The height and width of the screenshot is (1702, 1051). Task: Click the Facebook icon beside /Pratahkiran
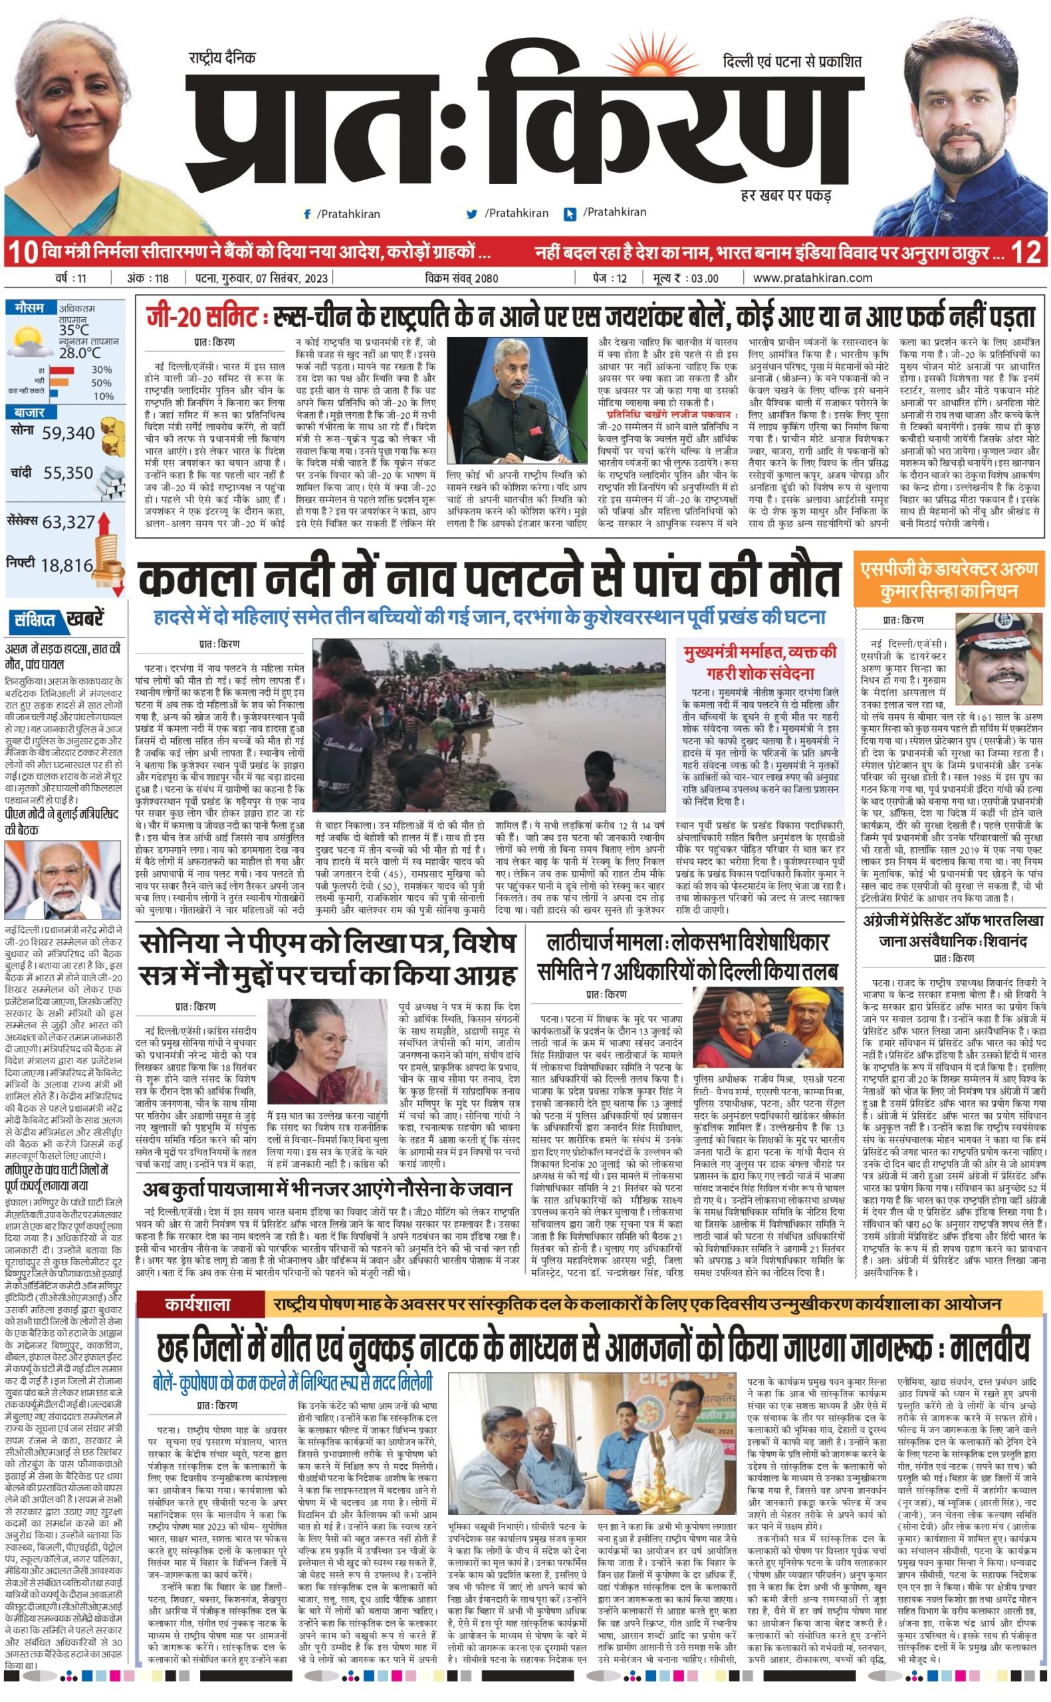307,215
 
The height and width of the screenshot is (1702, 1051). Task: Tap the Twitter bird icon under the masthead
472,215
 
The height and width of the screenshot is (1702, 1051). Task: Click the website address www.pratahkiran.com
812,278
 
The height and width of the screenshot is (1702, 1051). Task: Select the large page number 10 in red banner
22,252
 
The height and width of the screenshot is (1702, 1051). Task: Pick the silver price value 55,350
67,473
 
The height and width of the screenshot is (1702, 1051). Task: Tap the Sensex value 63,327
68,522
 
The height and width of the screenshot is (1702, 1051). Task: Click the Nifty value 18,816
66,565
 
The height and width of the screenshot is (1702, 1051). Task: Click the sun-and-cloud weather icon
29,340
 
